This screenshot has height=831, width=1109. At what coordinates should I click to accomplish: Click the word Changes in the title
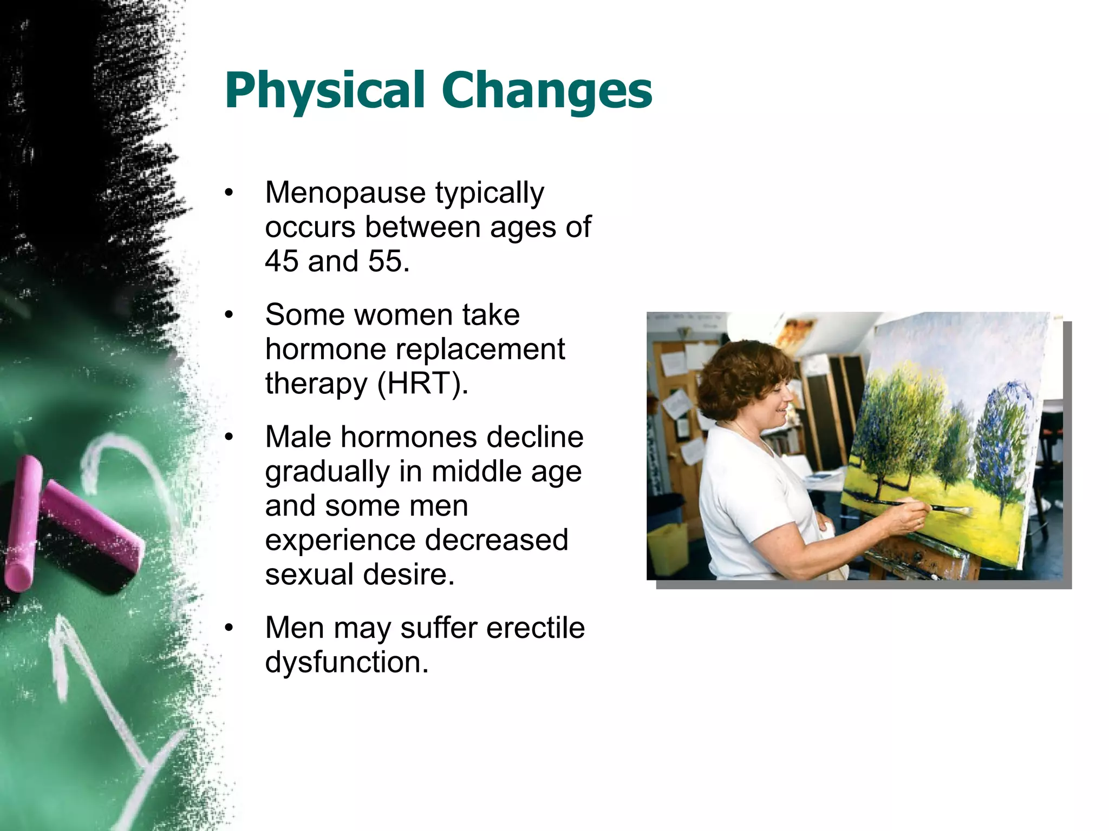[547, 91]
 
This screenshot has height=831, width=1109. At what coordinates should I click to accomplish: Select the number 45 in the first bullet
[282, 261]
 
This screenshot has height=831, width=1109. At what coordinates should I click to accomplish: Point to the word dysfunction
[347, 662]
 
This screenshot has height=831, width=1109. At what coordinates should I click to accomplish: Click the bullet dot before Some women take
[229, 315]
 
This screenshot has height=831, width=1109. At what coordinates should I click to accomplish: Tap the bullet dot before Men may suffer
[229, 628]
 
